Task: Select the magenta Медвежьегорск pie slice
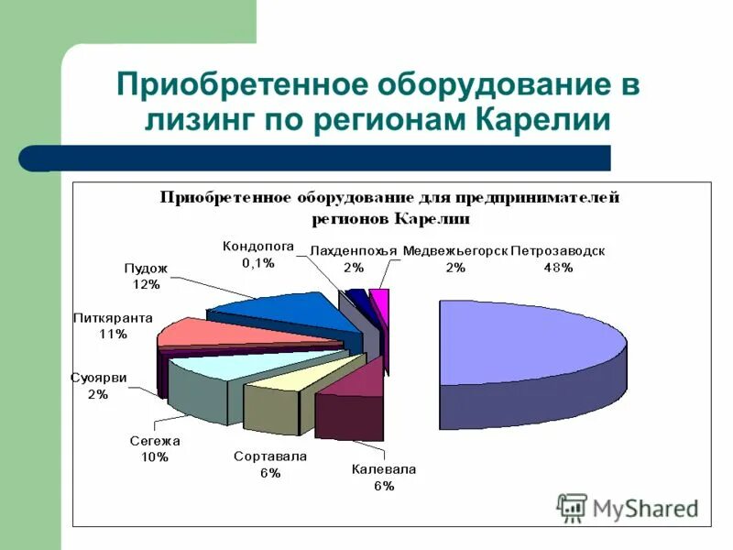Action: click(380, 307)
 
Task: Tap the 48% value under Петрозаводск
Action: click(557, 268)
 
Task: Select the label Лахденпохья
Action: click(353, 251)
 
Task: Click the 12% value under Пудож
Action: click(146, 285)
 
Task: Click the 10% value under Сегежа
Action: click(154, 457)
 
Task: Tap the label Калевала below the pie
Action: click(384, 469)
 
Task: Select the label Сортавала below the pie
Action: click(269, 456)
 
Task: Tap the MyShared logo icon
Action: click(573, 507)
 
